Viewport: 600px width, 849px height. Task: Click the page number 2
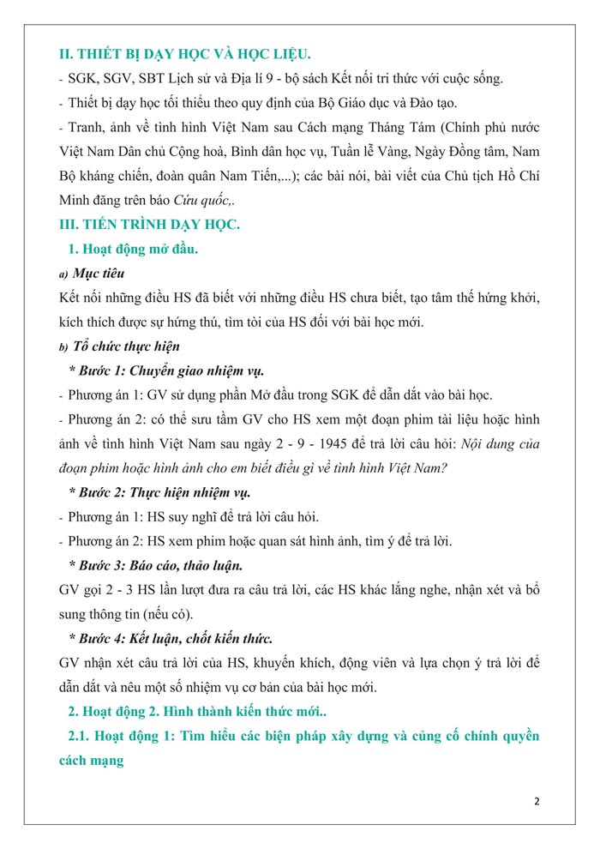coord(537,801)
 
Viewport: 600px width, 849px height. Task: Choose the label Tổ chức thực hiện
coord(126,346)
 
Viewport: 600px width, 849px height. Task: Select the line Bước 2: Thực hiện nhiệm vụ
coord(164,492)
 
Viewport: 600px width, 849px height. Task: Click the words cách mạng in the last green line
coord(92,760)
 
